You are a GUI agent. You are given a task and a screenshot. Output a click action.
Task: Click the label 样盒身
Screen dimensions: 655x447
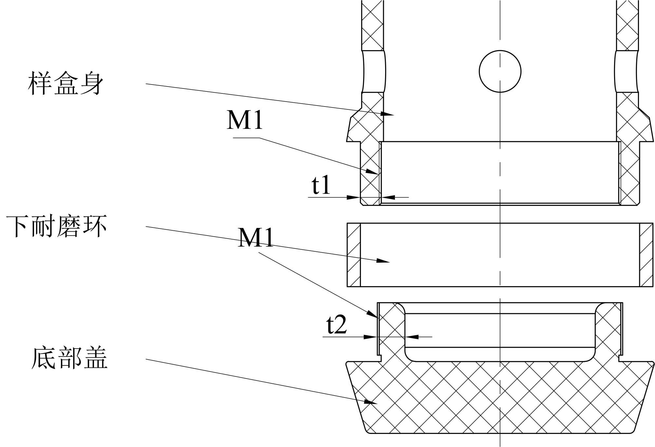(x=65, y=83)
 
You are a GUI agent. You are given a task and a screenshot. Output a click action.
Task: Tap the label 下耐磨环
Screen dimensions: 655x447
(x=56, y=226)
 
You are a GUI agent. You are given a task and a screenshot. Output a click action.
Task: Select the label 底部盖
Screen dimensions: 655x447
(x=69, y=358)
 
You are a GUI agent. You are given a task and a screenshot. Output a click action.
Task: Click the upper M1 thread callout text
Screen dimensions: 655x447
(x=245, y=120)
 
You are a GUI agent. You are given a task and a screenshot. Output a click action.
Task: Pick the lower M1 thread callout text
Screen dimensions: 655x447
(x=255, y=237)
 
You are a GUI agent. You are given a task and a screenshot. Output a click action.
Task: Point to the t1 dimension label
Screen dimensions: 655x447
(x=321, y=185)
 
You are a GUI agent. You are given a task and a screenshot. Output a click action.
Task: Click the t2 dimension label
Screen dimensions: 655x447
(x=336, y=325)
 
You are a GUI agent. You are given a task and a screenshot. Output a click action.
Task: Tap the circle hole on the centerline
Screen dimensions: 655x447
(x=500, y=71)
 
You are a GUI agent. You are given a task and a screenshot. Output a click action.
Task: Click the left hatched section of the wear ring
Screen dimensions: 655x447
(x=354, y=255)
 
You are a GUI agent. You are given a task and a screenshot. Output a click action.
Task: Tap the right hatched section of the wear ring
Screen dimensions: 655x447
(x=646, y=255)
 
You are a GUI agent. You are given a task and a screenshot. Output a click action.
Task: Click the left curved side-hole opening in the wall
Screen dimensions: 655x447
(x=374, y=71)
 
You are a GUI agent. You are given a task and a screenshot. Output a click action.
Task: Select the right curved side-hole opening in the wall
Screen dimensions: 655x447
(x=627, y=71)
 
